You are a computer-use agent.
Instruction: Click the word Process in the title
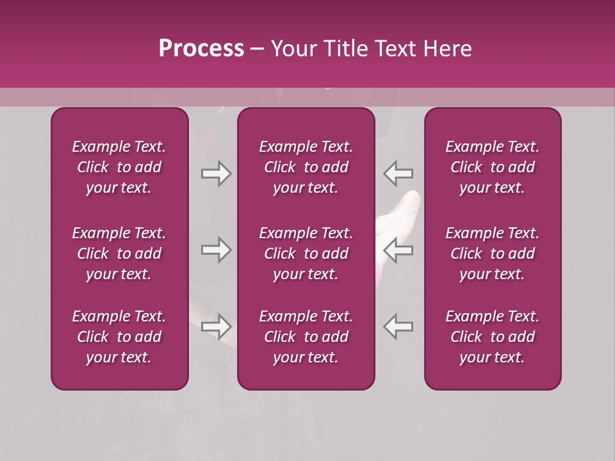(x=201, y=49)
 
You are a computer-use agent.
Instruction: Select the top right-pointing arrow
(x=216, y=174)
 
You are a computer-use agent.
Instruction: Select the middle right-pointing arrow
(x=216, y=250)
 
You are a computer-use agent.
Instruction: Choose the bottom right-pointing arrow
(x=216, y=327)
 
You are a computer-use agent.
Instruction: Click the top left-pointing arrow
(x=398, y=174)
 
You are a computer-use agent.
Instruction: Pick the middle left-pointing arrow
(x=398, y=250)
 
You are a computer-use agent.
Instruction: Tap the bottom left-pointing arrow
(x=398, y=327)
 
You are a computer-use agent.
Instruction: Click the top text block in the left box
(x=119, y=167)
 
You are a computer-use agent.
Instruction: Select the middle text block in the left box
(x=119, y=254)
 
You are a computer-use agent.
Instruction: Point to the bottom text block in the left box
(x=119, y=337)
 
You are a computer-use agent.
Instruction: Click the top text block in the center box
(x=306, y=167)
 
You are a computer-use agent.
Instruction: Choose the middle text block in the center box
(x=306, y=254)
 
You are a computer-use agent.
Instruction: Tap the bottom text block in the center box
(x=306, y=337)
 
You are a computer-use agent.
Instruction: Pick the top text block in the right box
(x=492, y=167)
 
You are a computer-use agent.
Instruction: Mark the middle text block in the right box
(x=492, y=254)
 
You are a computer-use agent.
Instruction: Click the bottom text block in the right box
(x=492, y=337)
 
